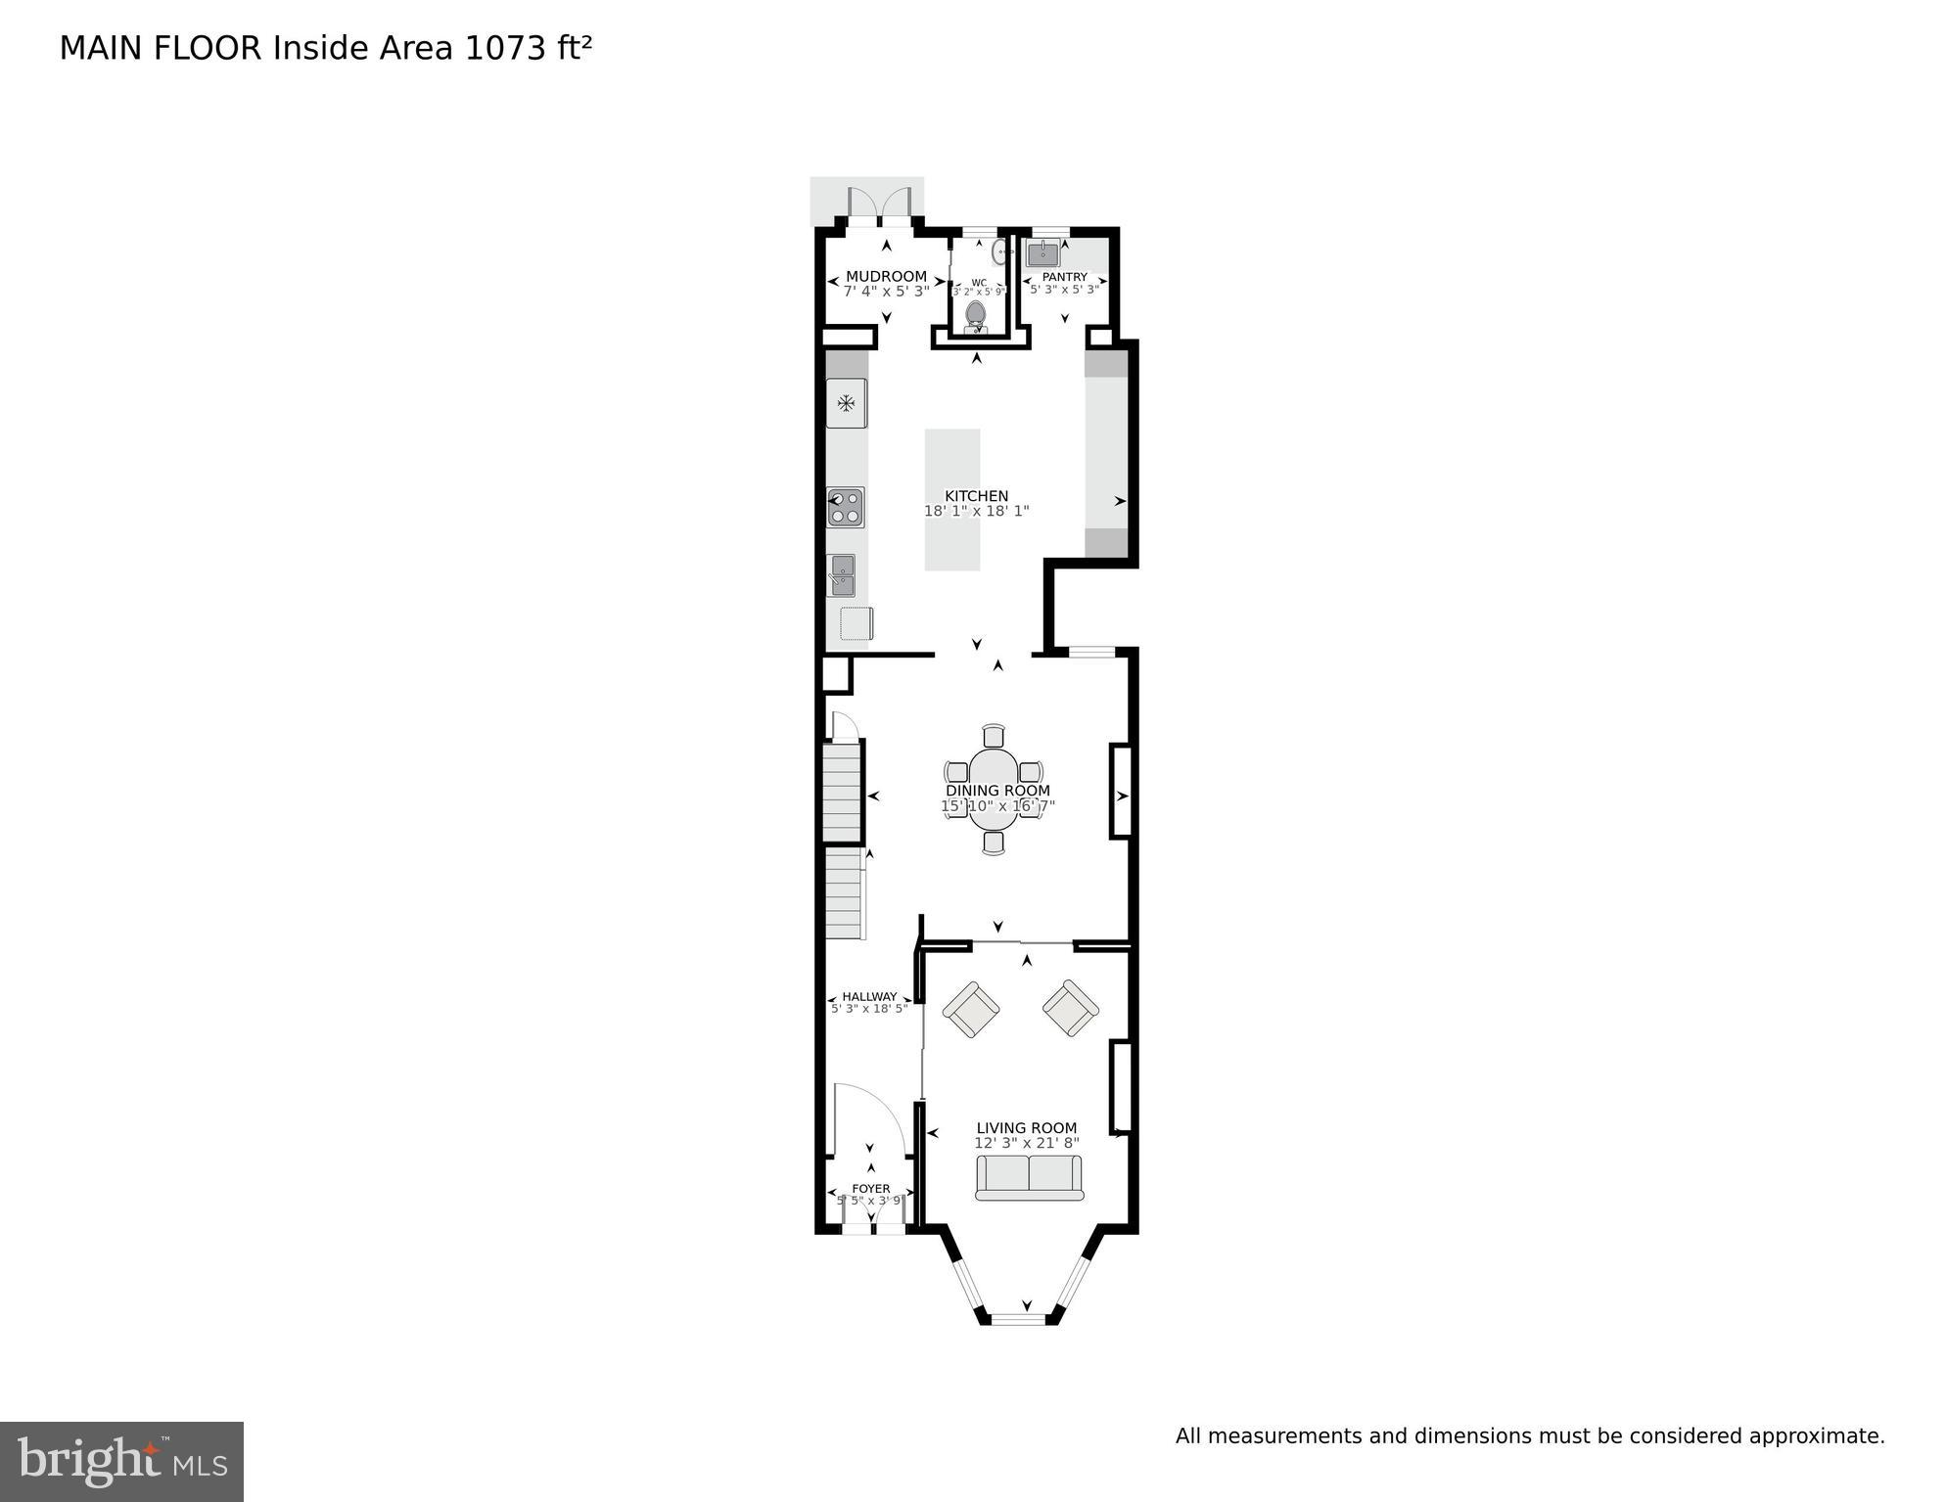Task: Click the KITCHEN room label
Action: point(976,496)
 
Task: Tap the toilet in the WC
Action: point(976,315)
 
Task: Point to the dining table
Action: point(994,789)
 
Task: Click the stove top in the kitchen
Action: point(846,508)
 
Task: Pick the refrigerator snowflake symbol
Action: point(846,402)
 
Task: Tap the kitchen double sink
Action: point(842,575)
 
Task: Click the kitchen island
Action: point(952,499)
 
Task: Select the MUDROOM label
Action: point(886,276)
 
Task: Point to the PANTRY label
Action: point(1064,277)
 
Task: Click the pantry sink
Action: point(1042,254)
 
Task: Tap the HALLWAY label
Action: point(869,996)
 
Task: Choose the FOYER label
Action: point(870,1189)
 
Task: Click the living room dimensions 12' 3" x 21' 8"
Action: point(1026,1143)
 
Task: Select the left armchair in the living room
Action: point(970,1009)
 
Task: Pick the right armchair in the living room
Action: point(1071,1008)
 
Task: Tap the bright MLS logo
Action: point(121,1461)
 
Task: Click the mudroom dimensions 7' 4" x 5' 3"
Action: point(886,291)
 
